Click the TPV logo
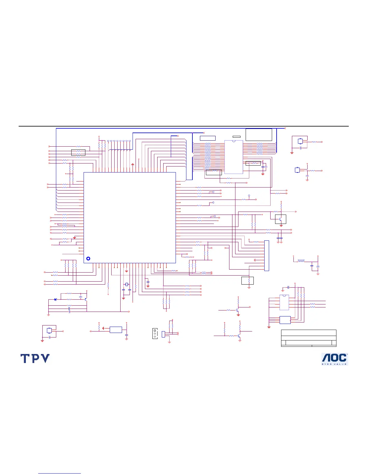click(35, 359)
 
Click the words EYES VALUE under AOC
click(334, 364)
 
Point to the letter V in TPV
click(44, 359)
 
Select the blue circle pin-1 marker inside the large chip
click(88, 258)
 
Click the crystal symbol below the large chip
click(127, 284)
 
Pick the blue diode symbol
click(56, 299)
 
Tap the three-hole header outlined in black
click(155, 334)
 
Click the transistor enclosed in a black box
click(281, 219)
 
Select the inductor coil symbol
click(301, 261)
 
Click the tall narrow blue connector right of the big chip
click(267, 256)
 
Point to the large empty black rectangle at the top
click(259, 135)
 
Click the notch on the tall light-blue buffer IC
click(234, 141)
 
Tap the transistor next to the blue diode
click(86, 299)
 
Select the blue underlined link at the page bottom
click(60, 474)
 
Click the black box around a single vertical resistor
click(247, 280)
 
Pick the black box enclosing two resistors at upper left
click(78, 152)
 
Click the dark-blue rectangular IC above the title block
click(285, 320)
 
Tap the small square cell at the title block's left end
click(283, 343)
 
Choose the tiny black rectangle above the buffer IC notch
click(237, 137)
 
